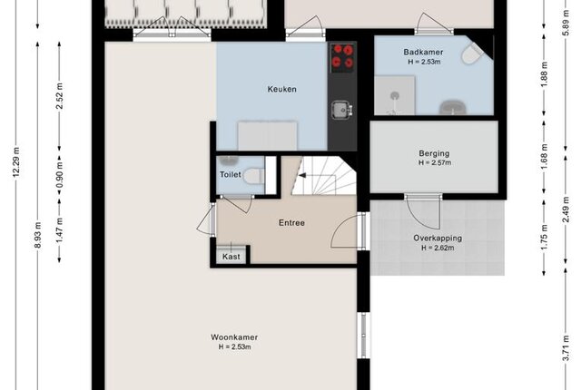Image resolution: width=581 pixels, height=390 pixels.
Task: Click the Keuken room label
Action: (x=282, y=89)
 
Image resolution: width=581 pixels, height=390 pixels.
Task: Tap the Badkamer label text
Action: (x=424, y=53)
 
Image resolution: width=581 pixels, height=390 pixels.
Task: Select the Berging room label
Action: (x=434, y=153)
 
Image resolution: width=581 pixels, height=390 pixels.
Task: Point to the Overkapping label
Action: (x=438, y=239)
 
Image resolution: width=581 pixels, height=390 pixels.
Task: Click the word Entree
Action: (x=292, y=223)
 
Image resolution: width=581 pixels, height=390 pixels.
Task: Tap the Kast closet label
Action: (x=231, y=257)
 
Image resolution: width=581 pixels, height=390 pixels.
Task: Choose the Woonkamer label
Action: (x=234, y=337)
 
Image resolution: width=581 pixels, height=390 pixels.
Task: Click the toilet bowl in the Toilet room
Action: (x=253, y=175)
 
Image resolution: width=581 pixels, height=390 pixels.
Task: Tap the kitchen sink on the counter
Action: (x=341, y=110)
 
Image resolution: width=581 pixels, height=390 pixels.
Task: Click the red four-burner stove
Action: (x=342, y=56)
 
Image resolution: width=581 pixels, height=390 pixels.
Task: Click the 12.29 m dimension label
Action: (x=16, y=162)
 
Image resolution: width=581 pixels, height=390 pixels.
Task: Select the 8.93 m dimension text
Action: (x=38, y=235)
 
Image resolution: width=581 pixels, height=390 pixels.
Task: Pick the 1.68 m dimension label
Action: (x=544, y=156)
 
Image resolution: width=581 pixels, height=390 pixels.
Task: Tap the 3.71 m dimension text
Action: (x=566, y=347)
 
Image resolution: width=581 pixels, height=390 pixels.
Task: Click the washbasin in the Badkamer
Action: (x=453, y=108)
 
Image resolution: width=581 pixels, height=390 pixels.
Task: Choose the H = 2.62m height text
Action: (x=438, y=248)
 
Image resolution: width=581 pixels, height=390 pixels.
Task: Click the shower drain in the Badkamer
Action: (x=395, y=96)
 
